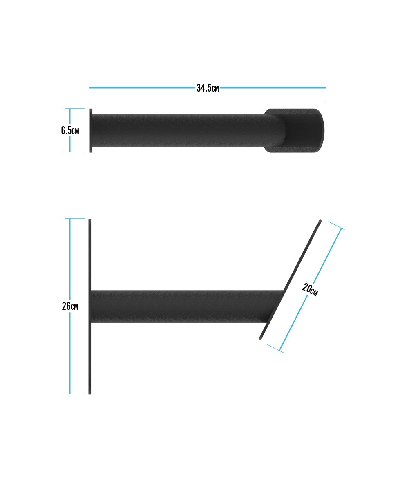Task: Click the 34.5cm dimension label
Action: (x=208, y=88)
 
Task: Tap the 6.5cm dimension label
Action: (x=70, y=130)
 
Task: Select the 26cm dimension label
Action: (x=70, y=306)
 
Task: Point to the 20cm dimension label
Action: (x=310, y=290)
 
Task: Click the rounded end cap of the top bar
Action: (x=294, y=130)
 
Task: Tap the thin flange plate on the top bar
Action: (x=91, y=130)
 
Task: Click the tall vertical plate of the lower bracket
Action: (x=90, y=306)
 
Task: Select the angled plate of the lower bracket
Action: (x=290, y=280)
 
